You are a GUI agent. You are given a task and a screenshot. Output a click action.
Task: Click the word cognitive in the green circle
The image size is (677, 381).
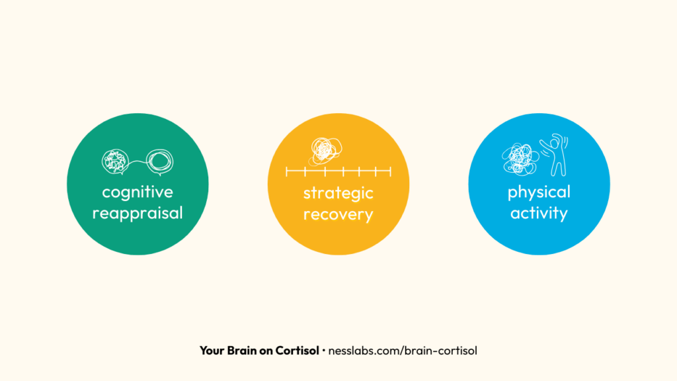point(138,192)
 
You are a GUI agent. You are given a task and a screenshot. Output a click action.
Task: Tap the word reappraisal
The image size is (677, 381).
point(138,214)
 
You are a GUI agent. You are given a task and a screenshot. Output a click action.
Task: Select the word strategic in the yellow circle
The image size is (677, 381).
point(338,193)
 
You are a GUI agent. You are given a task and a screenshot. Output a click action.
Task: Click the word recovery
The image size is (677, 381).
point(338,215)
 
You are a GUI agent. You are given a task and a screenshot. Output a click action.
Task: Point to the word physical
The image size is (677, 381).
point(539,192)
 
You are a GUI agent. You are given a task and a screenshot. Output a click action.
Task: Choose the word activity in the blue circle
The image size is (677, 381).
point(539,214)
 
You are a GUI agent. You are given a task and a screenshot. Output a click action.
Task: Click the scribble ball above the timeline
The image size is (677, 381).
point(323,150)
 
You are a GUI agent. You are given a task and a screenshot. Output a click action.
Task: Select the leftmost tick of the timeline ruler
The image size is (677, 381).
point(286,172)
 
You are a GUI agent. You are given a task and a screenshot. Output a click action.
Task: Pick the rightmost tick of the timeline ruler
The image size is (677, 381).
point(391,172)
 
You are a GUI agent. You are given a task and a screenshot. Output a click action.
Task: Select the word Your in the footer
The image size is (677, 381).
point(212,351)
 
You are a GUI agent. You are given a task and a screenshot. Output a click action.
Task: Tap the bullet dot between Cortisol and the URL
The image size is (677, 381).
point(323,351)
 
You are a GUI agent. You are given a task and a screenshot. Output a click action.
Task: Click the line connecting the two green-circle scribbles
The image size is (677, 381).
point(138,163)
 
